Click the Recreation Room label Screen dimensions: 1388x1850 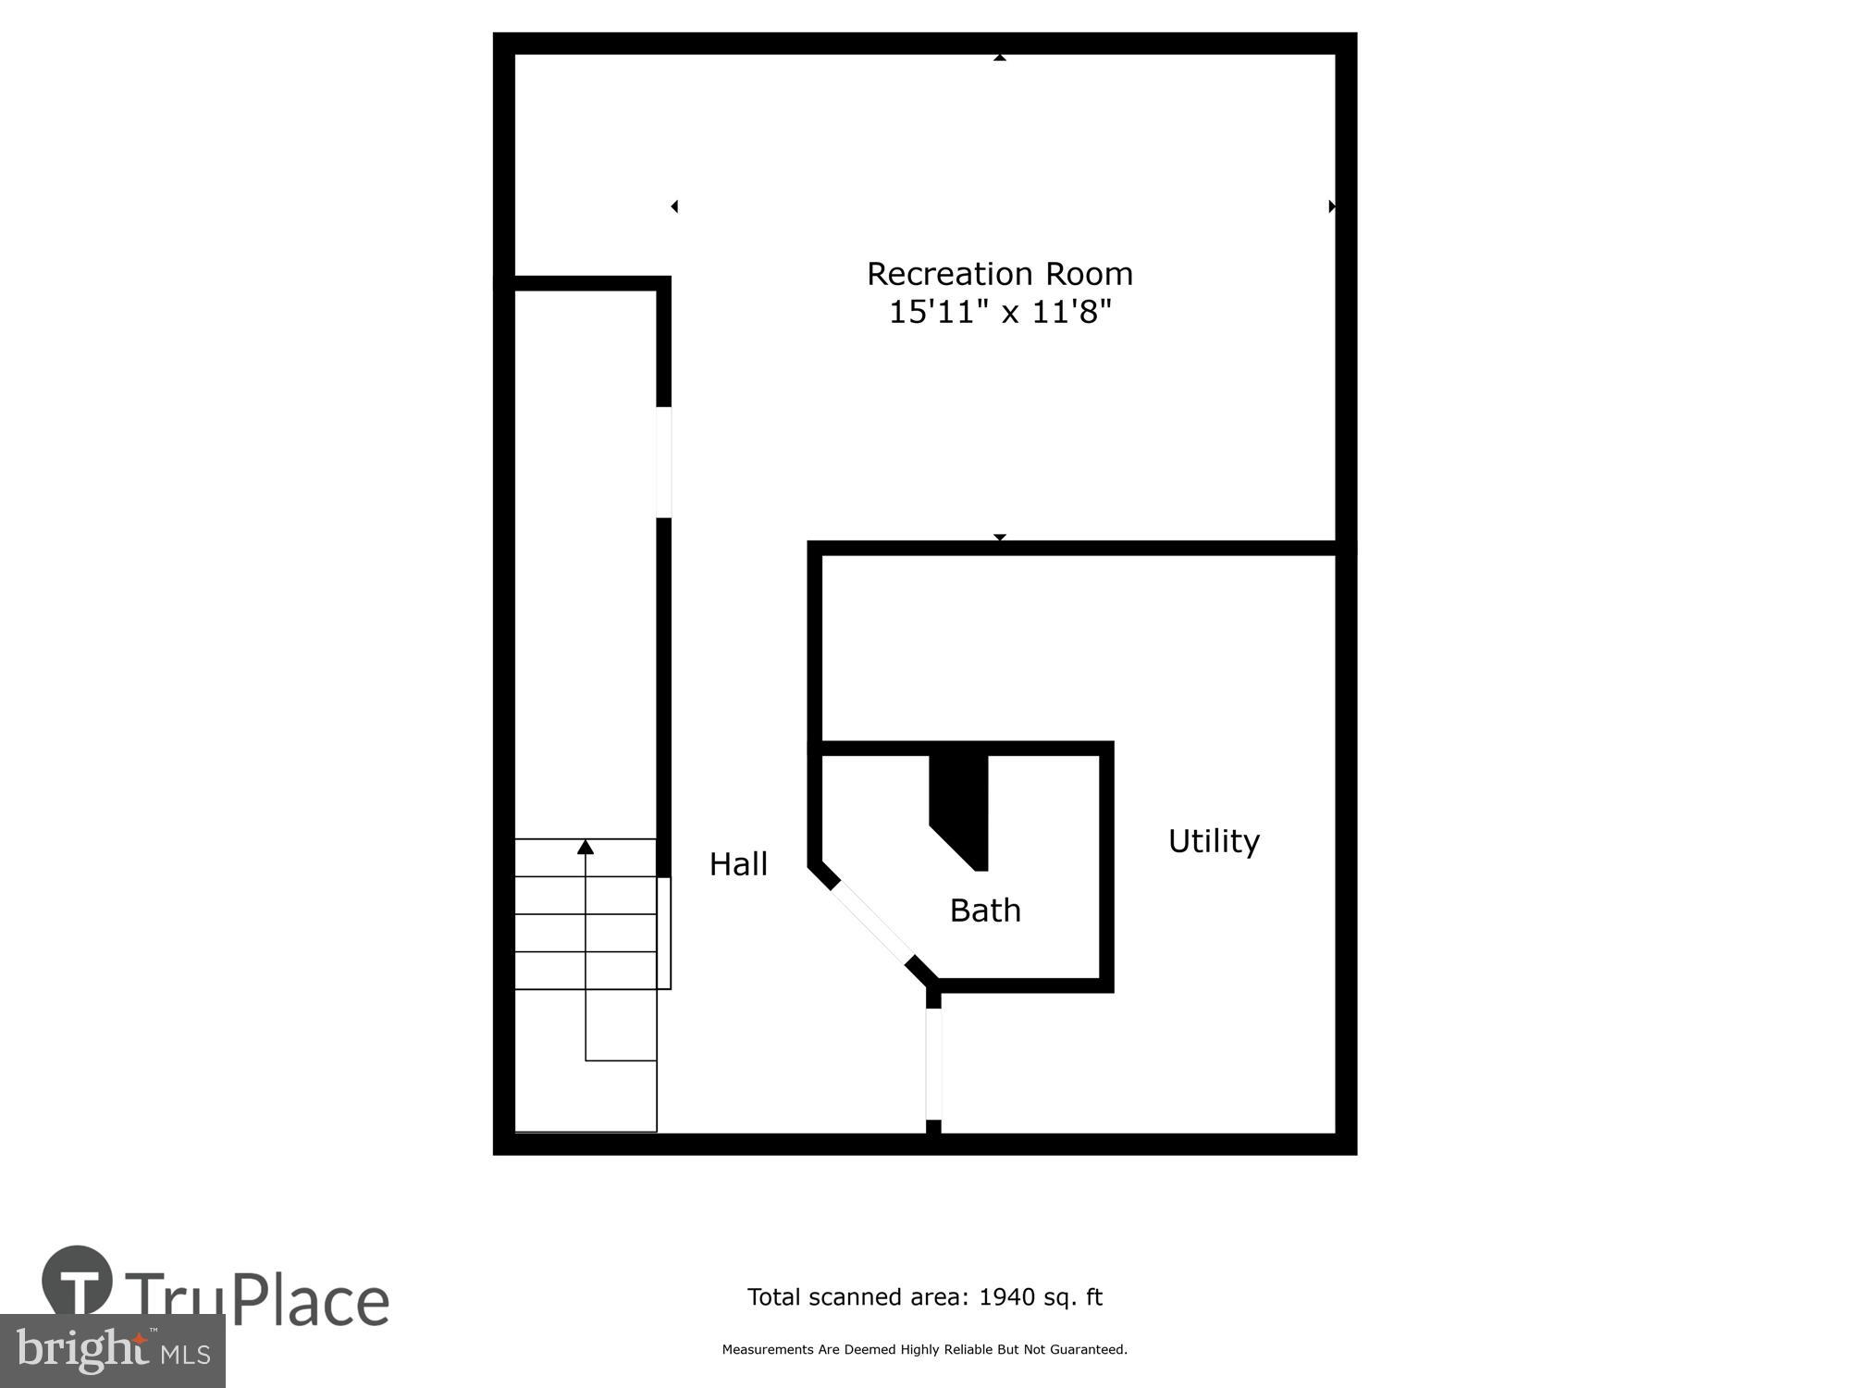tap(999, 274)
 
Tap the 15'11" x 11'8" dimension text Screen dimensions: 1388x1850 tap(999, 312)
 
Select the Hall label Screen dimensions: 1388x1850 tap(738, 864)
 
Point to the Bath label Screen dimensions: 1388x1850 tap(985, 911)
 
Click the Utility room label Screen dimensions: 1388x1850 tap(1214, 841)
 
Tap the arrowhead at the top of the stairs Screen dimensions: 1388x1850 tap(586, 847)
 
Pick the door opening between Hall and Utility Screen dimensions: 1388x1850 tap(933, 1064)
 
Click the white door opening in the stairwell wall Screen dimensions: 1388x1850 tap(663, 462)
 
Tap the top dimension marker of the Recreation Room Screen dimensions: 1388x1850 tap(1000, 57)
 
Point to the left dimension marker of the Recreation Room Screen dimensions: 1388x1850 tap(674, 206)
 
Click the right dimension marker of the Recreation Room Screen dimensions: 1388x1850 tap(1332, 206)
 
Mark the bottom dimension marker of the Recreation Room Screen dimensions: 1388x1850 tap(1000, 538)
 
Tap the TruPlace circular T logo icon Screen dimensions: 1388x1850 tap(78, 1283)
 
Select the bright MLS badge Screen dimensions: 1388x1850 tap(112, 1351)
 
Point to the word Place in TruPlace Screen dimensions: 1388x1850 tap(311, 1301)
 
